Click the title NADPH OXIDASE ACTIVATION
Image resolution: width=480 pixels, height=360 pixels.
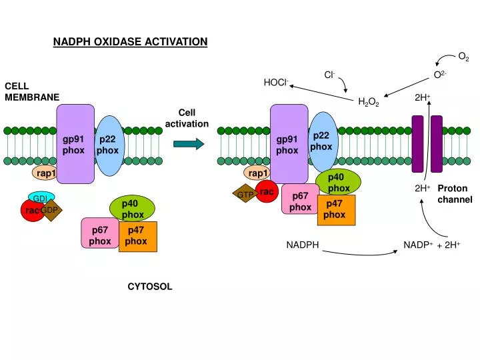[x=131, y=42]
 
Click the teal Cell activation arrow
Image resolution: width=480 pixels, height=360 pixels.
[x=188, y=143]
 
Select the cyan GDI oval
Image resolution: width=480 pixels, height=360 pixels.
[x=41, y=198]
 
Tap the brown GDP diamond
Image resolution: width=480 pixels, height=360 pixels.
[x=51, y=211]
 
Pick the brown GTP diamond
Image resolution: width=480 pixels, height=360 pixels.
[x=245, y=195]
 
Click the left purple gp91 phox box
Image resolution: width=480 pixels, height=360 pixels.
[x=75, y=144]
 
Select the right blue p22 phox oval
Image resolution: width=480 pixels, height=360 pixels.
[x=321, y=141]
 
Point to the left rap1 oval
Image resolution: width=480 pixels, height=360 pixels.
[x=46, y=173]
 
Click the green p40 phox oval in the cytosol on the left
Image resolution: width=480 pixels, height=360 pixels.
[x=132, y=209]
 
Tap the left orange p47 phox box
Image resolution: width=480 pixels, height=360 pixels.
[x=137, y=236]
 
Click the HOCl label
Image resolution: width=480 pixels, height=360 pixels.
[x=276, y=83]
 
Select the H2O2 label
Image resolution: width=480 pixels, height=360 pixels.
[x=368, y=102]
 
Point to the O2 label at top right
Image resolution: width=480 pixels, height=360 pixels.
[x=463, y=58]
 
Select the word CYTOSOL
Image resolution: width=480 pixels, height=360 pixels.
[x=150, y=287]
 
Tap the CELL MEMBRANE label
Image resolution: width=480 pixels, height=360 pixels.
[x=32, y=92]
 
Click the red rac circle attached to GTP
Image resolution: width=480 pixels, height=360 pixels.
[x=267, y=191]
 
